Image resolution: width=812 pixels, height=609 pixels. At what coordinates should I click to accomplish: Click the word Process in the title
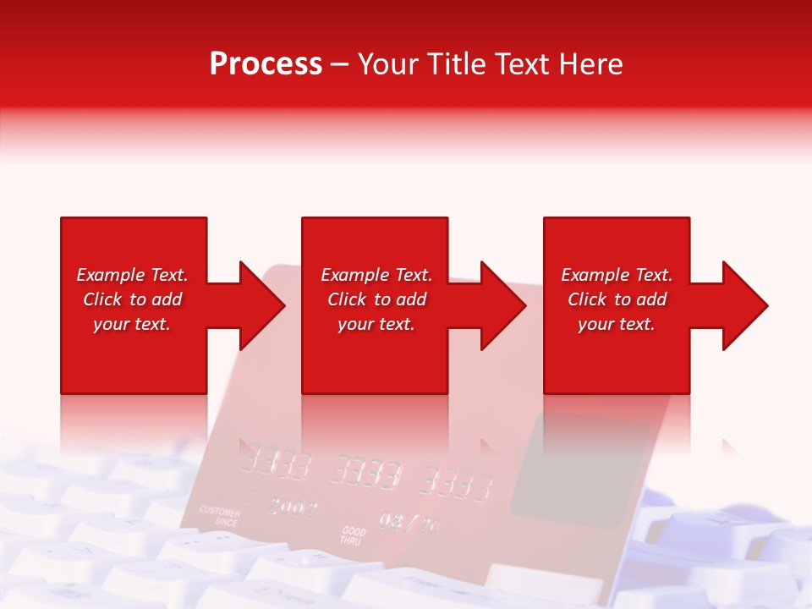[266, 64]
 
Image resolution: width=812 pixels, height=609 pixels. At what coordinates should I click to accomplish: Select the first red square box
[134, 364]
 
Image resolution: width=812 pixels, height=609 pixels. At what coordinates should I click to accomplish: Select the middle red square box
[375, 364]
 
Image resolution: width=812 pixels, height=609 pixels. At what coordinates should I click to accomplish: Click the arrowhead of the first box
[261, 305]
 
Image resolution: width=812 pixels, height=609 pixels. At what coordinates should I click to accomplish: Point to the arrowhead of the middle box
[502, 305]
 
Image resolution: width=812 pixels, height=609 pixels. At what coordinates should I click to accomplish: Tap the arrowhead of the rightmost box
[744, 305]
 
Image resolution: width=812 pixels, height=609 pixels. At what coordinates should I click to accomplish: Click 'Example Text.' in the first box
[132, 275]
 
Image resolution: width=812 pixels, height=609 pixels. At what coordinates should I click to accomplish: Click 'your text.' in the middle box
[376, 324]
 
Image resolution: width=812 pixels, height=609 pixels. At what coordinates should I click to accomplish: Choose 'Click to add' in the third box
[617, 299]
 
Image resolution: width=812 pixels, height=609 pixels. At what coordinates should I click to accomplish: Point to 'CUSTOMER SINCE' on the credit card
[220, 517]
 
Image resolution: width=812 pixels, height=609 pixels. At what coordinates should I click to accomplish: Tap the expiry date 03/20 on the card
[409, 522]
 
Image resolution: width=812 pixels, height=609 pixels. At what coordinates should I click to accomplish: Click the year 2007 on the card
[293, 507]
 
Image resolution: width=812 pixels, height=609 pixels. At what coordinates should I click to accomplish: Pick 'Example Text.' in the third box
[617, 275]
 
